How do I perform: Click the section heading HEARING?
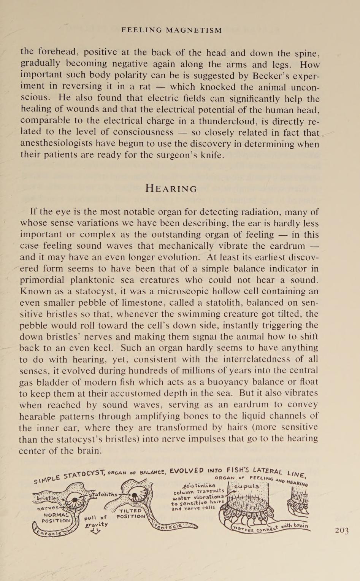pos(171,189)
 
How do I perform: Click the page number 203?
pos(341,531)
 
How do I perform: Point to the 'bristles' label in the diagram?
pos(48,498)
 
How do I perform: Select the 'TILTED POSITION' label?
pos(131,514)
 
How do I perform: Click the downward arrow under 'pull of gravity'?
pos(95,532)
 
